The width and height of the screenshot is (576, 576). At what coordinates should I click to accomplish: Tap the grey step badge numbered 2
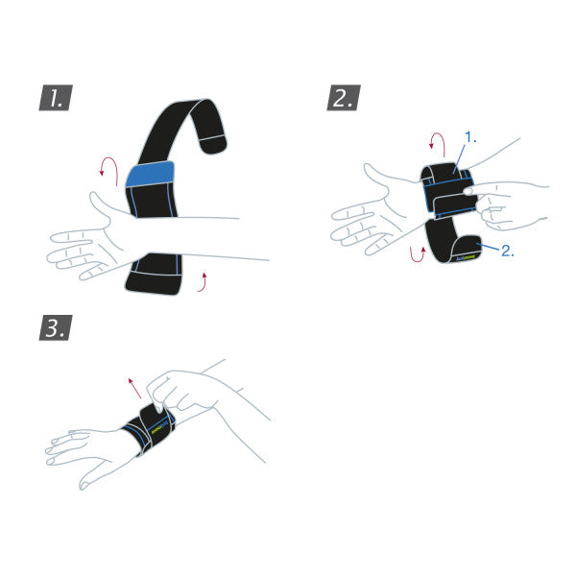tap(343, 97)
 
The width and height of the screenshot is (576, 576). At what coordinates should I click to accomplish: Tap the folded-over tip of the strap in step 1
tap(214, 143)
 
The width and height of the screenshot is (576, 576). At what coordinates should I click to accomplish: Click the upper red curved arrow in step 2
tap(437, 145)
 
